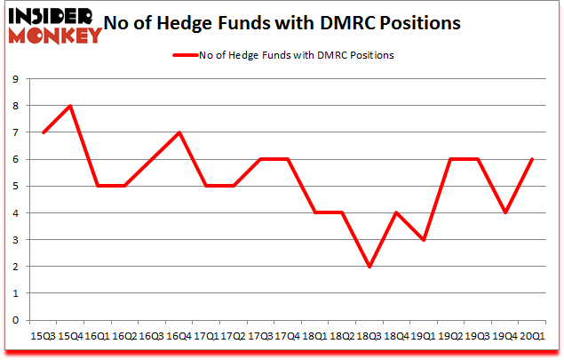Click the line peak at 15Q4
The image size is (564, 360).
[x=70, y=106]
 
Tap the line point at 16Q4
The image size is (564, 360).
[x=179, y=132]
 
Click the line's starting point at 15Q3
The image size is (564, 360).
[x=44, y=132]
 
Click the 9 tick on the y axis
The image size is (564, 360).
[x=17, y=79]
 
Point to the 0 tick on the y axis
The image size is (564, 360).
[x=17, y=321]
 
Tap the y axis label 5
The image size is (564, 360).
[x=17, y=187]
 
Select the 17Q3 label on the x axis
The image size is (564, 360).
[x=260, y=336]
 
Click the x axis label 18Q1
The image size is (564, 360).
[x=314, y=336]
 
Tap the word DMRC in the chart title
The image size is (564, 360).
[x=340, y=23]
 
